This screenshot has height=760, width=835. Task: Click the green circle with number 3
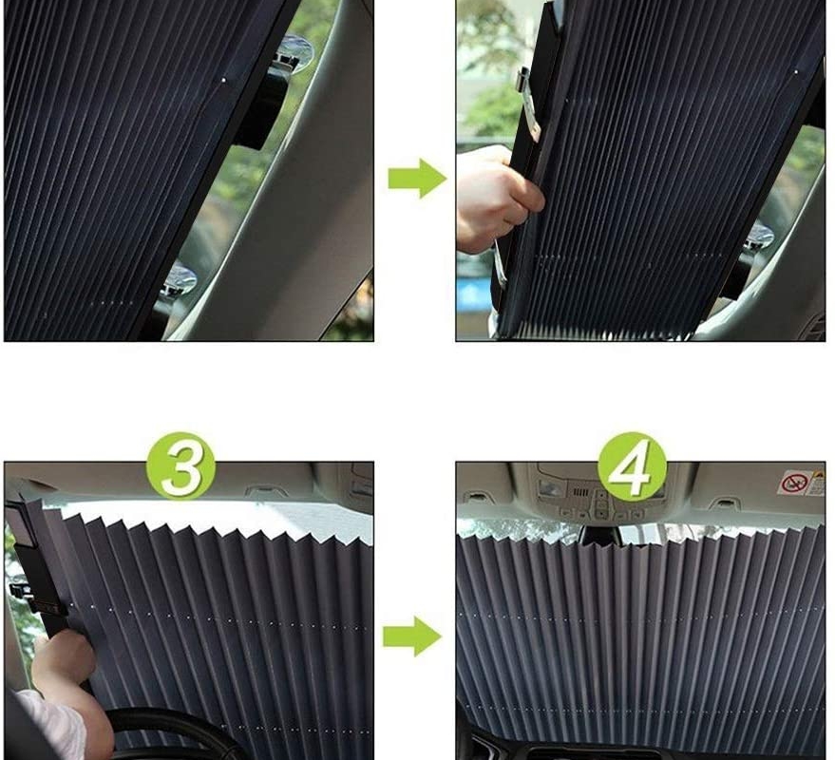pyautogui.click(x=181, y=466)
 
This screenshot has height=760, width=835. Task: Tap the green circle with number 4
pyautogui.click(x=632, y=466)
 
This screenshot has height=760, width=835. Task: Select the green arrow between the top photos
pyautogui.click(x=417, y=178)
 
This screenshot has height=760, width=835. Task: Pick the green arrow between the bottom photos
pyautogui.click(x=412, y=636)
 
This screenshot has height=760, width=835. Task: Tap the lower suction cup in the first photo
pyautogui.click(x=179, y=279)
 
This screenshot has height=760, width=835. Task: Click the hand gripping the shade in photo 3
pyautogui.click(x=64, y=659)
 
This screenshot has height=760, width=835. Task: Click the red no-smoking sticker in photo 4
pyautogui.click(x=794, y=483)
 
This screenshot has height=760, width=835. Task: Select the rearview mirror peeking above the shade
pyautogui.click(x=602, y=537)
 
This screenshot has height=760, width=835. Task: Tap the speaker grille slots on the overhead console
pyautogui.click(x=579, y=491)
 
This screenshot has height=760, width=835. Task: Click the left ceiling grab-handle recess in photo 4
pyautogui.click(x=477, y=498)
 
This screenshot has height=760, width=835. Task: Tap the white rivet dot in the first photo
pyautogui.click(x=223, y=80)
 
